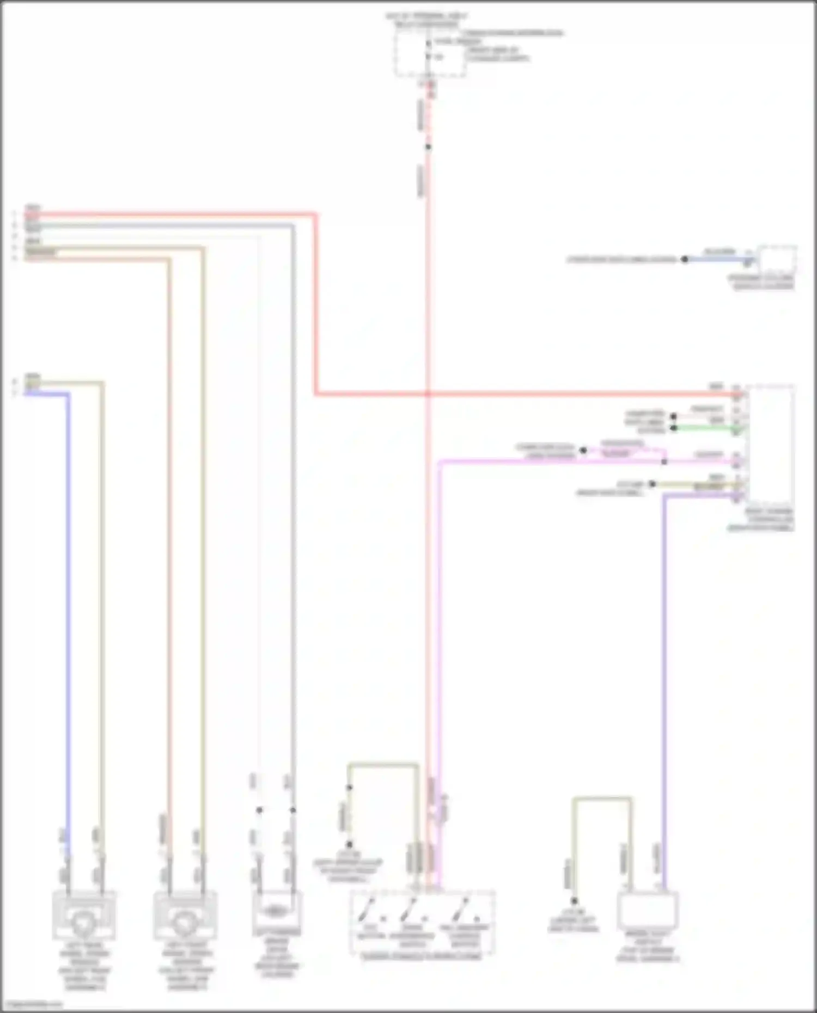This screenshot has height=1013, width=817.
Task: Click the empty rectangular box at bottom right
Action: point(647,911)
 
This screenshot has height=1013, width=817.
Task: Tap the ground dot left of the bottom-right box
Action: point(574,901)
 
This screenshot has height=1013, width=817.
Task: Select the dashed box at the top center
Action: point(430,53)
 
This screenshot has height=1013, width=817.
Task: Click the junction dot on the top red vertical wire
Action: point(428,147)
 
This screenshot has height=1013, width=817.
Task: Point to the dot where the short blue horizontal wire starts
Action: point(685,260)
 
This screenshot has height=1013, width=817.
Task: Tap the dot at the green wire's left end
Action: point(674,428)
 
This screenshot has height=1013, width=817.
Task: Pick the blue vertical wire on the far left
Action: point(68,599)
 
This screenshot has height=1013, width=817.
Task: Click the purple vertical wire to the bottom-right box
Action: point(664,680)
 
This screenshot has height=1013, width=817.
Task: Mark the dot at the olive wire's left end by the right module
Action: point(653,484)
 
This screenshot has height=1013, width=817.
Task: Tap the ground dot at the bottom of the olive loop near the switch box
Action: point(349,844)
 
